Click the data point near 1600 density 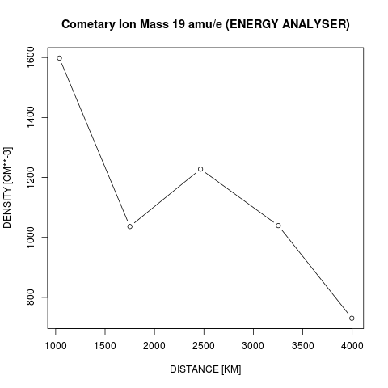(60, 58)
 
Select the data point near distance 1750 (130, 226)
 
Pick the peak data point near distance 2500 (200, 169)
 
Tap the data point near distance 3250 (278, 226)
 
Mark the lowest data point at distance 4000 (352, 318)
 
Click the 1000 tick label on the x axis (56, 346)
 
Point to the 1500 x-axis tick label (105, 346)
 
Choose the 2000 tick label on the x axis (154, 346)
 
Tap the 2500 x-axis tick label (204, 346)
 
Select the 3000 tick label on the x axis (253, 346)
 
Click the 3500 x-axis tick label (303, 346)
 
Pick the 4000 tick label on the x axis (352, 346)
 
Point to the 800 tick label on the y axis (31, 297)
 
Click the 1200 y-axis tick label (31, 177)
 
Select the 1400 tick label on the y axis (31, 117)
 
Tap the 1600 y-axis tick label (31, 57)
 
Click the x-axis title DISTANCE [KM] (205, 369)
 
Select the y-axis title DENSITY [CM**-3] (7, 188)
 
